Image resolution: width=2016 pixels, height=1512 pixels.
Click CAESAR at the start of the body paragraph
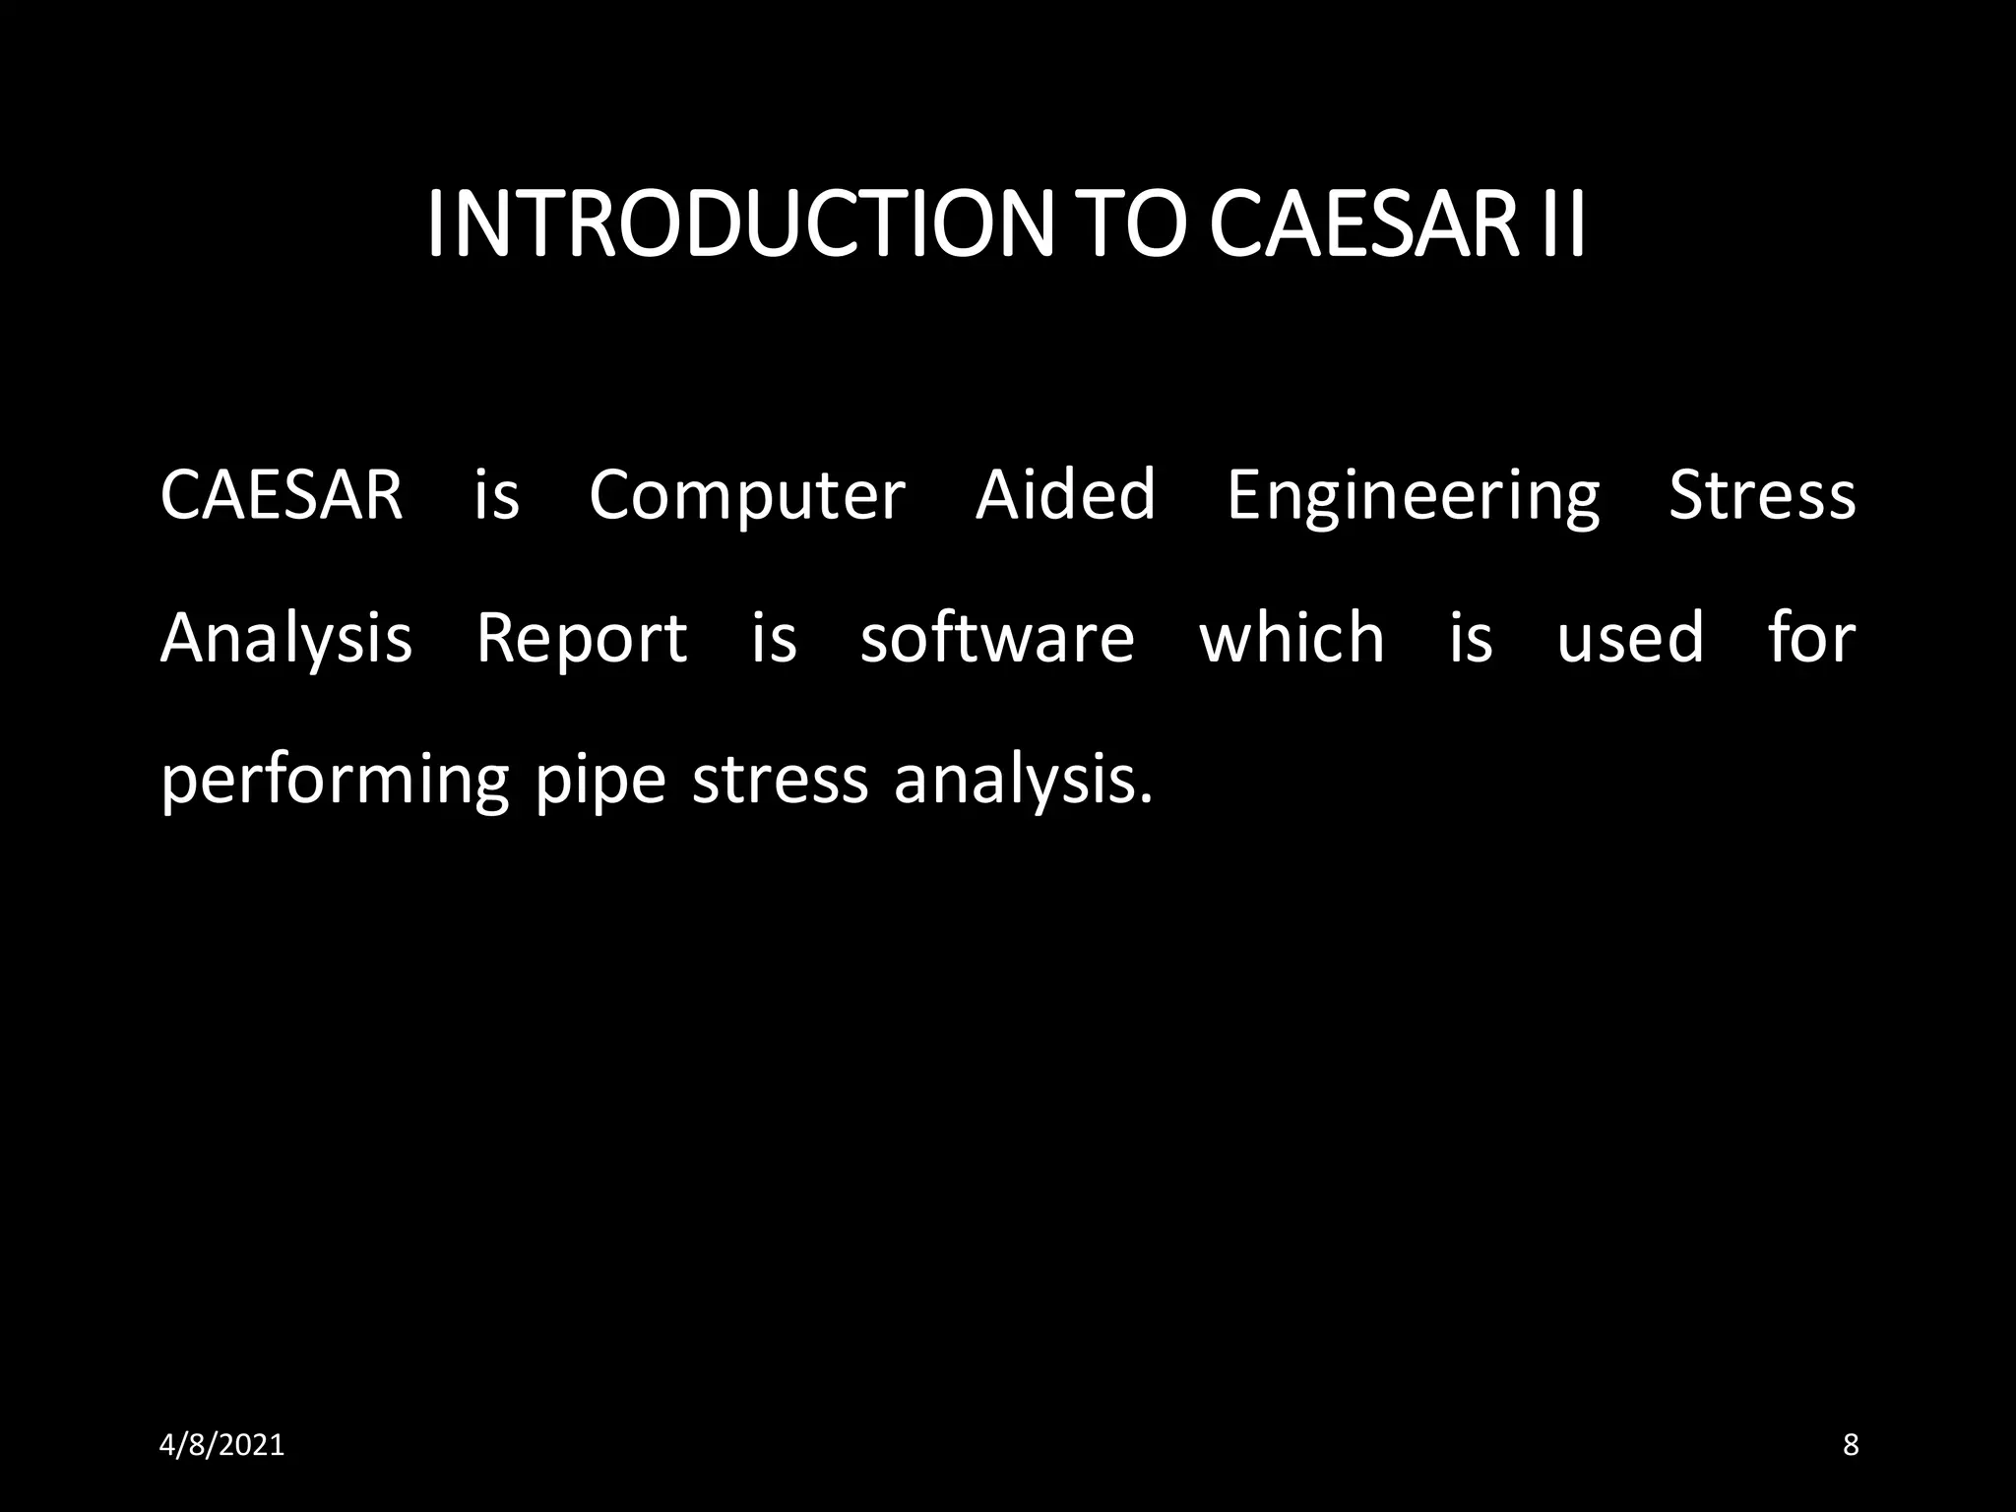click(282, 495)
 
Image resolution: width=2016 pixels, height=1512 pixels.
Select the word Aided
click(1065, 495)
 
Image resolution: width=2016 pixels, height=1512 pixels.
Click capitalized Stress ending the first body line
click(1762, 495)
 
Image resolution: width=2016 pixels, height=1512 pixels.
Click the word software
click(997, 638)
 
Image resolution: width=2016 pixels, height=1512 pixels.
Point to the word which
click(1291, 638)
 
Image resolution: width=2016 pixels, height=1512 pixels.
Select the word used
click(1630, 638)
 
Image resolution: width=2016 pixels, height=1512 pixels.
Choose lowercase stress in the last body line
click(781, 781)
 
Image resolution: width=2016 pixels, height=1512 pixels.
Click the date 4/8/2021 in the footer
click(221, 1445)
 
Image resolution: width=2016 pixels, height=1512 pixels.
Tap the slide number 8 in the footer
click(1851, 1445)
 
